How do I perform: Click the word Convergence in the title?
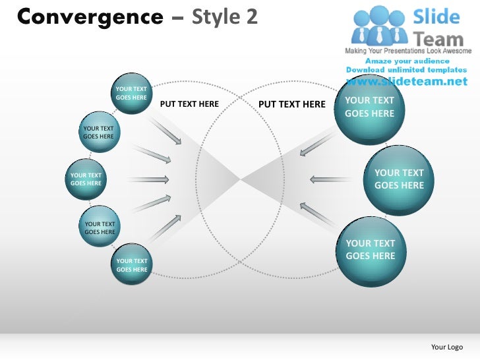tap(90, 16)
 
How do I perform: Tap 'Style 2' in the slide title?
tap(224, 16)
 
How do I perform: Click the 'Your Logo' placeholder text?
tap(446, 347)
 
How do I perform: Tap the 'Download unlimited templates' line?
tap(405, 71)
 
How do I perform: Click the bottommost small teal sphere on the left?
tap(132, 265)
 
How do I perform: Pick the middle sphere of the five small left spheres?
tap(86, 179)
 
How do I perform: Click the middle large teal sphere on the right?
tap(399, 179)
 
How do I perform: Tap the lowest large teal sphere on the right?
tap(370, 250)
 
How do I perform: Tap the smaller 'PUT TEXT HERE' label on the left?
tap(189, 104)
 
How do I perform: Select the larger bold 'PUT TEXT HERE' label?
tap(291, 104)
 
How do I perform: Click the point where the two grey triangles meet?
tap(240, 178)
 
